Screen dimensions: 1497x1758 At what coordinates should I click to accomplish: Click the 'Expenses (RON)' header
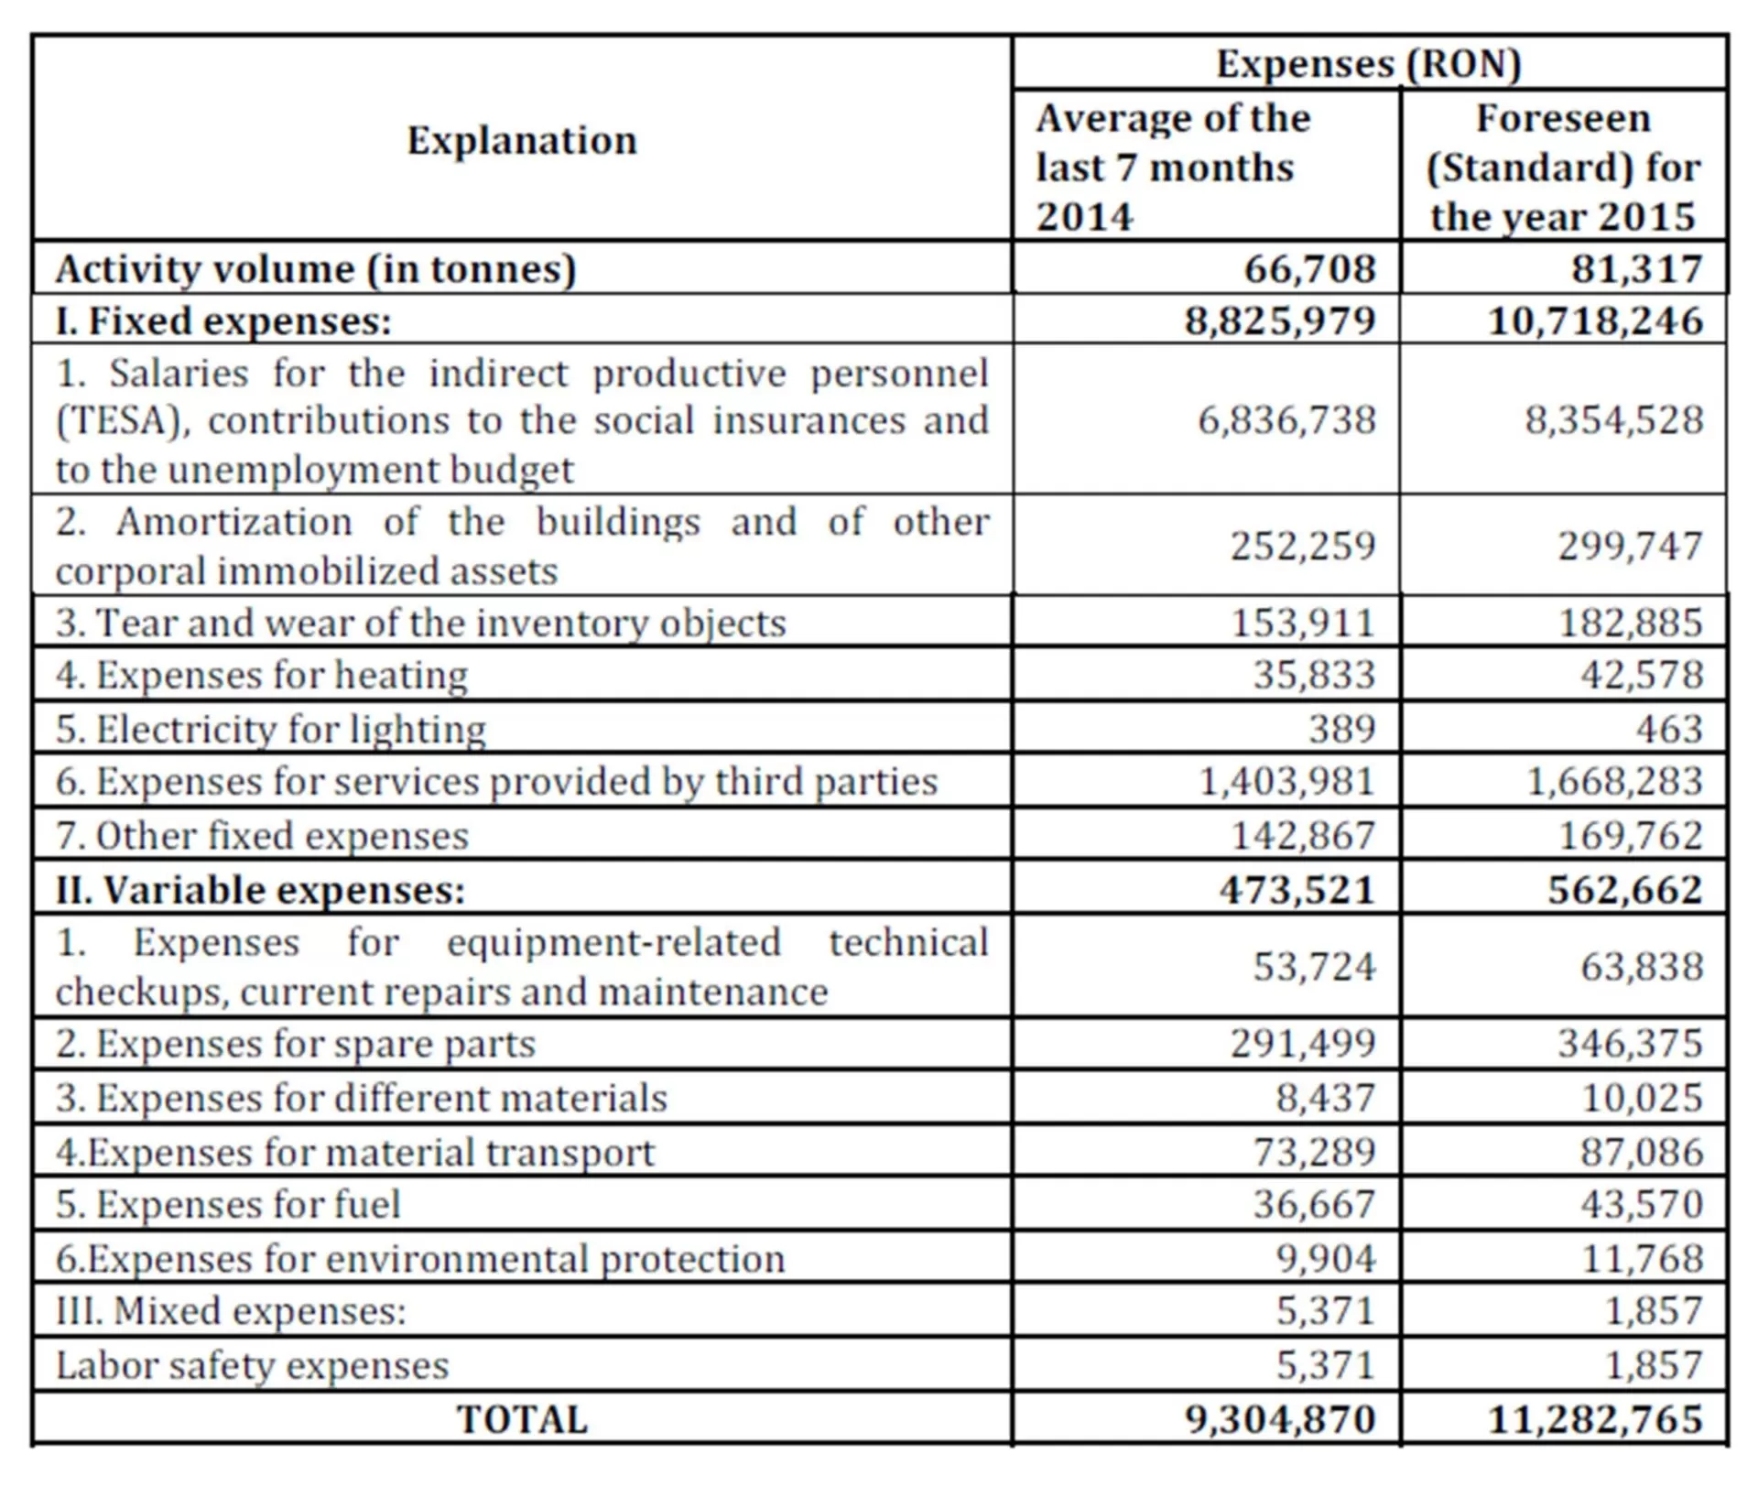(x=1368, y=64)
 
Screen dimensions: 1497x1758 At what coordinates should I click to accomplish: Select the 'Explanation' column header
(x=522, y=141)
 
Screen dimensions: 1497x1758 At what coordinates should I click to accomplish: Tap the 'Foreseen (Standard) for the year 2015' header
(x=1563, y=168)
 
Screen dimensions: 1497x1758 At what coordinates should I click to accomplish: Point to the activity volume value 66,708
(x=1309, y=269)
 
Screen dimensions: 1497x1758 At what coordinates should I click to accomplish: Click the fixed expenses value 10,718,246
(x=1595, y=321)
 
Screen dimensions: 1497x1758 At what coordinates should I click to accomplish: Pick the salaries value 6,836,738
(x=1286, y=420)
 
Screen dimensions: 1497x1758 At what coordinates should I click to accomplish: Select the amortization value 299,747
(x=1630, y=546)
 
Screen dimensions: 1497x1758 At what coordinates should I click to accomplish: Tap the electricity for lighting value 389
(x=1341, y=729)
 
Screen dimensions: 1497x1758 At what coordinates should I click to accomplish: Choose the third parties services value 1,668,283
(x=1614, y=782)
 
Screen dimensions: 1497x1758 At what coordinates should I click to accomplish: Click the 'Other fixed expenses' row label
(x=262, y=836)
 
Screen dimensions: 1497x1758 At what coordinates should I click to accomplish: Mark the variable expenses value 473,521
(x=1297, y=890)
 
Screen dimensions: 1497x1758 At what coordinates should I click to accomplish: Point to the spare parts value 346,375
(x=1630, y=1044)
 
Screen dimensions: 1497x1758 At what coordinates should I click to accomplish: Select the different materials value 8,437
(x=1325, y=1098)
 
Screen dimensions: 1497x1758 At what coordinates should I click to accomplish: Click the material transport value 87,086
(x=1641, y=1152)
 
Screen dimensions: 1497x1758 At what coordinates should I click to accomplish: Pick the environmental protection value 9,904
(x=1325, y=1259)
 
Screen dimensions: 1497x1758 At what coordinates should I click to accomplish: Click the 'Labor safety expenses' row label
(x=253, y=1366)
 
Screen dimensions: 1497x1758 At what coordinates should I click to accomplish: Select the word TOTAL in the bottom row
(x=522, y=1420)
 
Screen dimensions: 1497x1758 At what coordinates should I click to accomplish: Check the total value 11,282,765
(x=1595, y=1420)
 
